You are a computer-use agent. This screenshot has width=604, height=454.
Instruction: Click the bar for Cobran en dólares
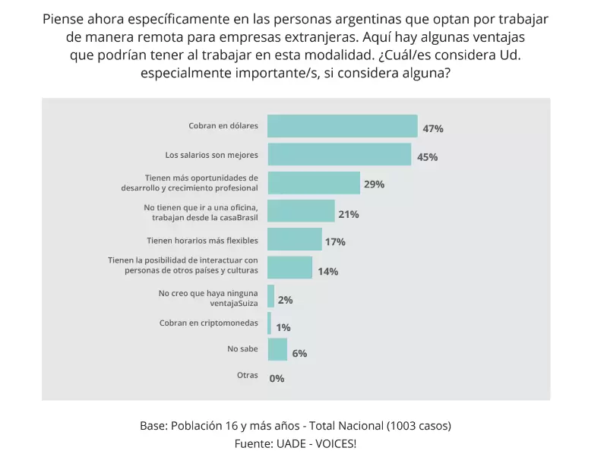pyautogui.click(x=342, y=126)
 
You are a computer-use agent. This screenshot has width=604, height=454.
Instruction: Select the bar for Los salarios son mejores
pyautogui.click(x=339, y=155)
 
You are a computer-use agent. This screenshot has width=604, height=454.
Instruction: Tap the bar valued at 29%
pyautogui.click(x=313, y=183)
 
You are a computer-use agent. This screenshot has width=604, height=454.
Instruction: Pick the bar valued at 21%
pyautogui.click(x=301, y=212)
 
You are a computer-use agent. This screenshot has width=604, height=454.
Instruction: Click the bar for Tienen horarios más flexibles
pyautogui.click(x=294, y=240)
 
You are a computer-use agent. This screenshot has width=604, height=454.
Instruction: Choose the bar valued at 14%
pyautogui.click(x=289, y=267)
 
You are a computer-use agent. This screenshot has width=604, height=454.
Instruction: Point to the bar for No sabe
pyautogui.click(x=277, y=350)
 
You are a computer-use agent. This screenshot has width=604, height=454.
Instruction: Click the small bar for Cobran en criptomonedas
pyautogui.click(x=269, y=323)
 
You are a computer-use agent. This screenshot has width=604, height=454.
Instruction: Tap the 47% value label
pyautogui.click(x=433, y=128)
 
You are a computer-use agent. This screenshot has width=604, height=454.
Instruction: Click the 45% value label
pyautogui.click(x=427, y=157)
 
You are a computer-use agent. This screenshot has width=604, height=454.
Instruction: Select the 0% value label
pyautogui.click(x=277, y=378)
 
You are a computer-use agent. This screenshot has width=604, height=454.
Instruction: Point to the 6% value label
pyautogui.click(x=299, y=353)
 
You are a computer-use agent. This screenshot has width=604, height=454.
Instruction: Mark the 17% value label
pyautogui.click(x=335, y=242)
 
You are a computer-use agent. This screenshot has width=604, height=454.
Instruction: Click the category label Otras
pyautogui.click(x=247, y=375)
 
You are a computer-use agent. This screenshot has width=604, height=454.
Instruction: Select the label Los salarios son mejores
pyautogui.click(x=211, y=155)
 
